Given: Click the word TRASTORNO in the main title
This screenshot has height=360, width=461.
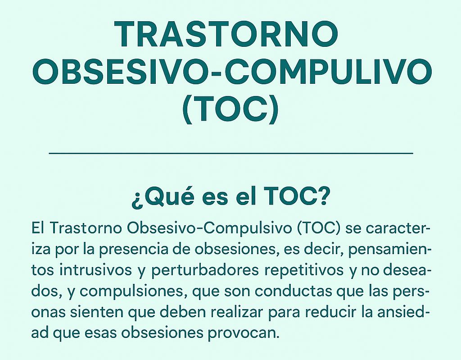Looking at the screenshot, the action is click(226, 34).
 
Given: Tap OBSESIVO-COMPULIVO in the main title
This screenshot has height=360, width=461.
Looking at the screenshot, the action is click(231, 72).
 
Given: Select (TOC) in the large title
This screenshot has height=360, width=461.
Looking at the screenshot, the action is click(230, 109).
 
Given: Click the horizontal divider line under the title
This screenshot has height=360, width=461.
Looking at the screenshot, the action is click(231, 153).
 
